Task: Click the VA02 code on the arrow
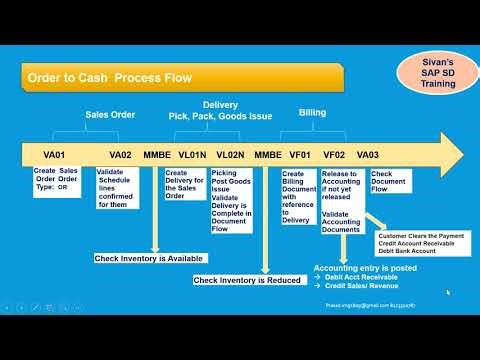click(x=120, y=155)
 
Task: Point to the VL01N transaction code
click(x=192, y=155)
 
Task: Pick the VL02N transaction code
click(x=229, y=155)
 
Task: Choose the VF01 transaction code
click(x=299, y=155)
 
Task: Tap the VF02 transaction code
click(x=334, y=155)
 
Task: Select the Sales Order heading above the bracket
click(x=109, y=115)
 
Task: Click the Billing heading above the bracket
click(x=312, y=113)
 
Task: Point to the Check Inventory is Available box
click(x=150, y=258)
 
